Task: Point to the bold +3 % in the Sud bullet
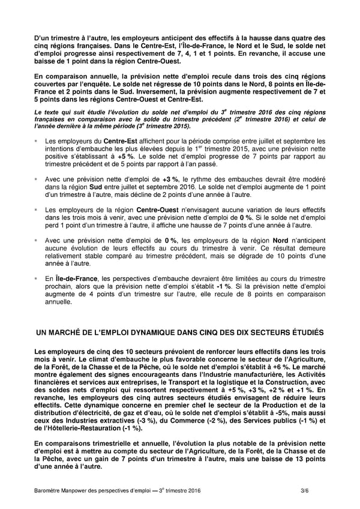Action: (170, 179)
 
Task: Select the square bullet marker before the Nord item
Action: (37, 240)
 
